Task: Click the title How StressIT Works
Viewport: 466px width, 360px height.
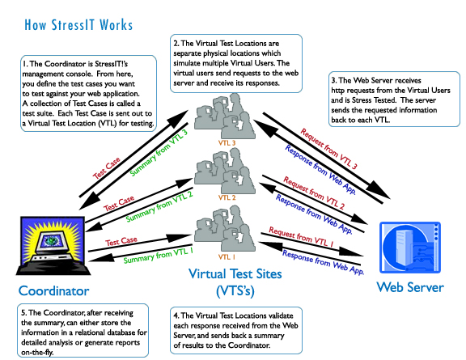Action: click(78, 25)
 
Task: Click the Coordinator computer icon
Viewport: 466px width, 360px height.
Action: click(53, 245)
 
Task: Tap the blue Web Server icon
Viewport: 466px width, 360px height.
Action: click(410, 248)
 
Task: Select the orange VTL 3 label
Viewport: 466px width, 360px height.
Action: click(227, 143)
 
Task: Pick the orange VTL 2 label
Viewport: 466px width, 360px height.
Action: click(227, 197)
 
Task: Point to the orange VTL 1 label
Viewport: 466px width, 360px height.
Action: click(227, 256)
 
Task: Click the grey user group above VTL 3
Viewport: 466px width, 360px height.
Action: click(225, 116)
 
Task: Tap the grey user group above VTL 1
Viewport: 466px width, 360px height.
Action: click(225, 228)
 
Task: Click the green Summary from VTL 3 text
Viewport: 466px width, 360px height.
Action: click(159, 153)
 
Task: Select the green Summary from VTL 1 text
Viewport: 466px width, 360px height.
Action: click(158, 256)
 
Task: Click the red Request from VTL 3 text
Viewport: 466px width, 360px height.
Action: click(328, 149)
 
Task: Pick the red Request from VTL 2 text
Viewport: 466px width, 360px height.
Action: click(314, 193)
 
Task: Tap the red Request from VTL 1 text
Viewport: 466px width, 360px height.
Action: click(301, 237)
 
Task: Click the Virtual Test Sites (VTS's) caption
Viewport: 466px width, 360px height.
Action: click(235, 282)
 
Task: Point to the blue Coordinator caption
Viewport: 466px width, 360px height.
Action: click(53, 290)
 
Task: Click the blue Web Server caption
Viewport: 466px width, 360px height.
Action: click(410, 287)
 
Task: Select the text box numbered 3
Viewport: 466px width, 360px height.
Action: click(394, 99)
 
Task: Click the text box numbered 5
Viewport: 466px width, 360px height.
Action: click(83, 330)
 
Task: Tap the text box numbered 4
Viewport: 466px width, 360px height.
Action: click(236, 330)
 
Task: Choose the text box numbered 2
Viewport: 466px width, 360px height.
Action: click(236, 63)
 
